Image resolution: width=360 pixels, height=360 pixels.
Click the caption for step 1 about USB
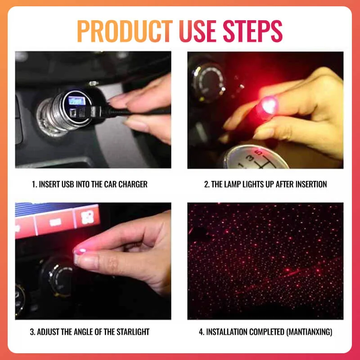90,184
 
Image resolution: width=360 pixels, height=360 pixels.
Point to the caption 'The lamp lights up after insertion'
265,184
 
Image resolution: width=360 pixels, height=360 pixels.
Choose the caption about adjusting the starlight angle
90,332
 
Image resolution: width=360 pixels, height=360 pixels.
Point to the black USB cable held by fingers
135,111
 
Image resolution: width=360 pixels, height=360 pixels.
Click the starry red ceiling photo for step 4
265,261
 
